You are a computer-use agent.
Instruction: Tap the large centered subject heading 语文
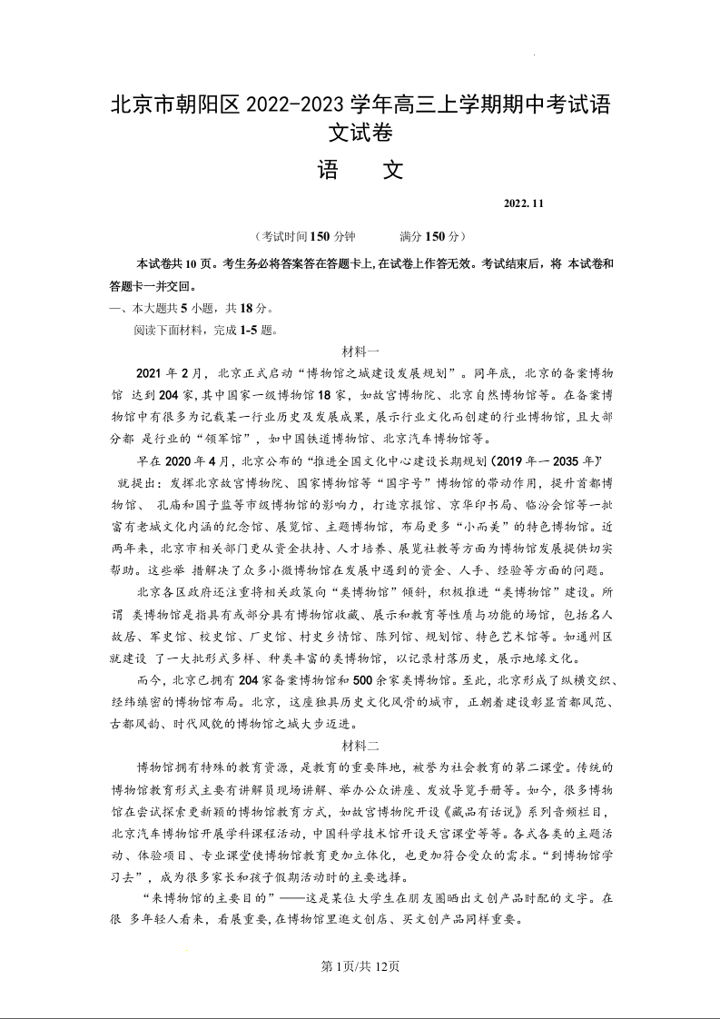click(360, 171)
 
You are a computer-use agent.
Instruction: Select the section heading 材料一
click(360, 351)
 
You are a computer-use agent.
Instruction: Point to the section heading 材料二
click(360, 745)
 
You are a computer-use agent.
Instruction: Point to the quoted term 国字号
click(392, 482)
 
